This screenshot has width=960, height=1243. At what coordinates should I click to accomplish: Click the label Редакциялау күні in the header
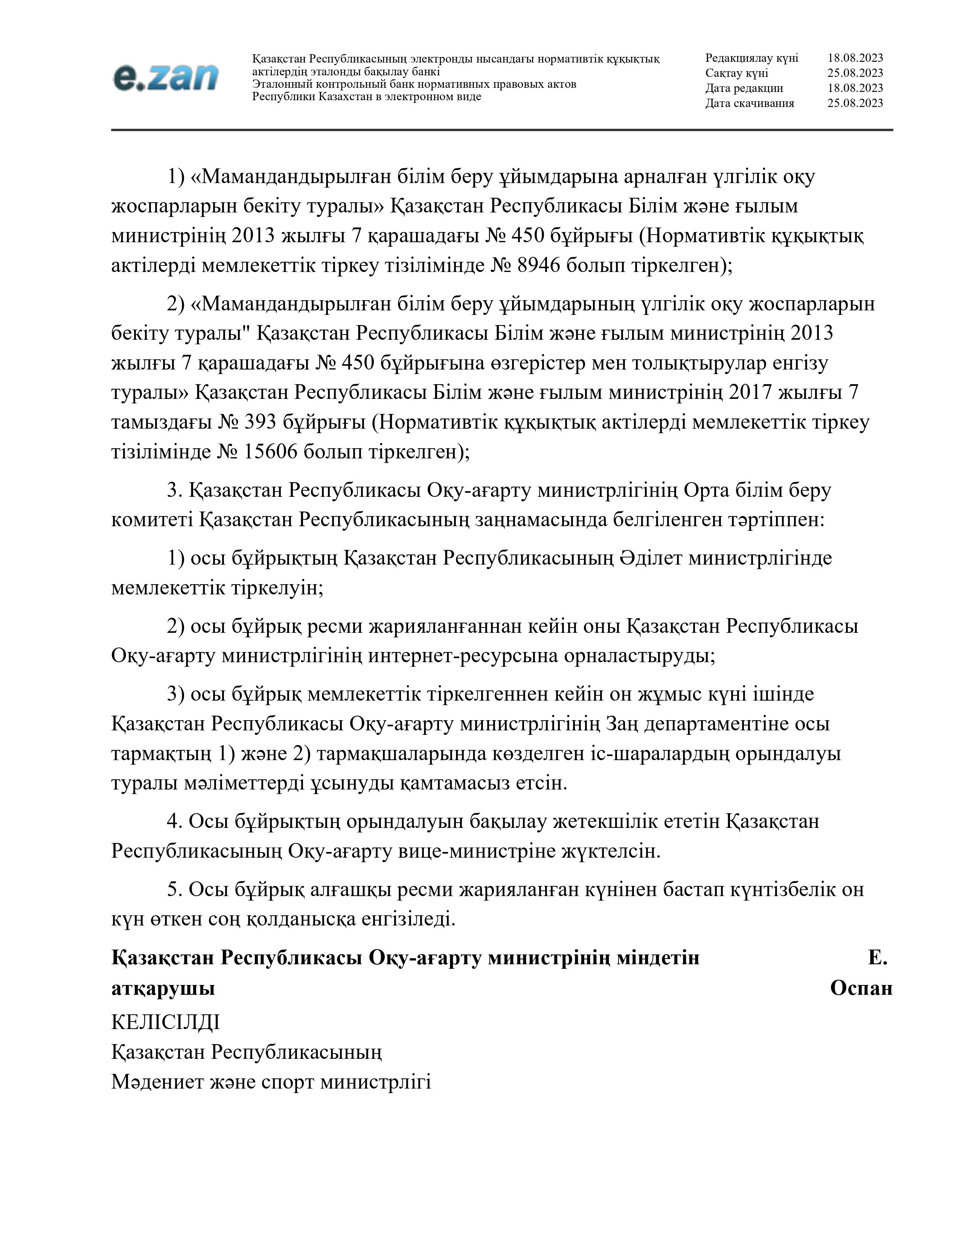pyautogui.click(x=751, y=58)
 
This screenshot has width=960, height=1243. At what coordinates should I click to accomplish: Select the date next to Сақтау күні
pyautogui.click(x=855, y=73)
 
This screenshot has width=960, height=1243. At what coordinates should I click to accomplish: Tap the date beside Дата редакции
pyautogui.click(x=855, y=88)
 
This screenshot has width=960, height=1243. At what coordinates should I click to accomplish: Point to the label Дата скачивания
pyautogui.click(x=750, y=103)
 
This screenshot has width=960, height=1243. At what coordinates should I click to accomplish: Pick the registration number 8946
pyautogui.click(x=539, y=265)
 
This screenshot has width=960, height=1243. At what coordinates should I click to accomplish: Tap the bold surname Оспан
pyautogui.click(x=861, y=988)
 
